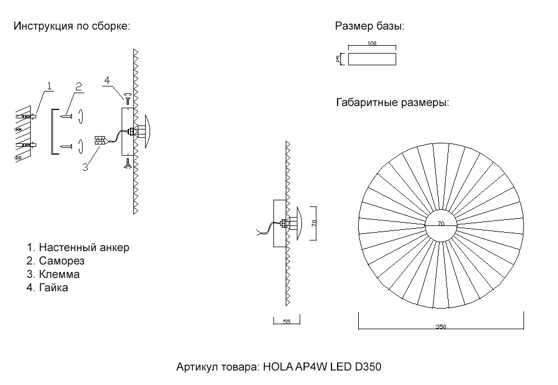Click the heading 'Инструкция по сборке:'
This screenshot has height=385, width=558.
71,26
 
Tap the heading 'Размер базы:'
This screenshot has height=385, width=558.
369,26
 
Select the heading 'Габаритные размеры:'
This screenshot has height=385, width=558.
393,103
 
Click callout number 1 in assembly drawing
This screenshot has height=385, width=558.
49,86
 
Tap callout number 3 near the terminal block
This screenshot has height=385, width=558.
85,166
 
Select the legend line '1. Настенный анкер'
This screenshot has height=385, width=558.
78,247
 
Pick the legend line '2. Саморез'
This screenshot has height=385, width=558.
55,261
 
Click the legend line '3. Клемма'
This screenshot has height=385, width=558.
53,275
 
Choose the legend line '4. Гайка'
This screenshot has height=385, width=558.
47,288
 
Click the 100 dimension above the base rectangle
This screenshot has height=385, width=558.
372,44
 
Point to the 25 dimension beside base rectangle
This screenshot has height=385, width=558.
339,59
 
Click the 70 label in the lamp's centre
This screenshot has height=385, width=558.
441,224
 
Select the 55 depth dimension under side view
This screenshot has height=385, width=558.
287,322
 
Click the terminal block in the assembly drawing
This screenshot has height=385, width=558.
100,140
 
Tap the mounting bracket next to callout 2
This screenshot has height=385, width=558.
54,131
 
